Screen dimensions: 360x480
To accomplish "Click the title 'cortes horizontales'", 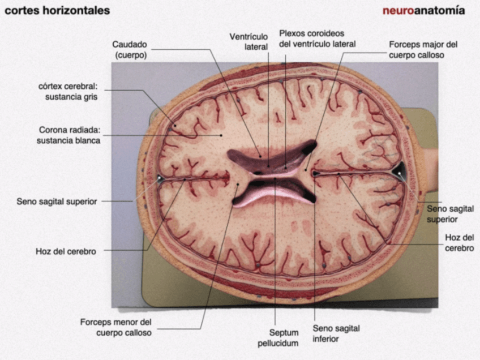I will tap(57, 11).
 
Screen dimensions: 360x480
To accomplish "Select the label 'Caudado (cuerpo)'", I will tap(130, 50).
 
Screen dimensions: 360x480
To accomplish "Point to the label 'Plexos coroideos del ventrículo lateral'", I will tap(317, 38).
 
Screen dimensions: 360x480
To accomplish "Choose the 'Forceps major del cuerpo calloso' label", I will tap(423, 50).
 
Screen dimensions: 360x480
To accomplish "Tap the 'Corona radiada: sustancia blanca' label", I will tap(69, 135).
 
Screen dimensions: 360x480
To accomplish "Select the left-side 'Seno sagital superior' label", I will tap(57, 201).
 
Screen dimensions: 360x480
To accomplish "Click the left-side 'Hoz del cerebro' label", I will tap(66, 251).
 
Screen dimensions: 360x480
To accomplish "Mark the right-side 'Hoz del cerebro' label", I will tap(459, 242).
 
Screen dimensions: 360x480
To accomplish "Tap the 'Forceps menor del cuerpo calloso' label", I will tap(115, 327).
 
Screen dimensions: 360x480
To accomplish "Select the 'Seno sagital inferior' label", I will tap(336, 333).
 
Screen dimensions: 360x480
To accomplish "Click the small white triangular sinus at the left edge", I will tap(160, 179).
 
